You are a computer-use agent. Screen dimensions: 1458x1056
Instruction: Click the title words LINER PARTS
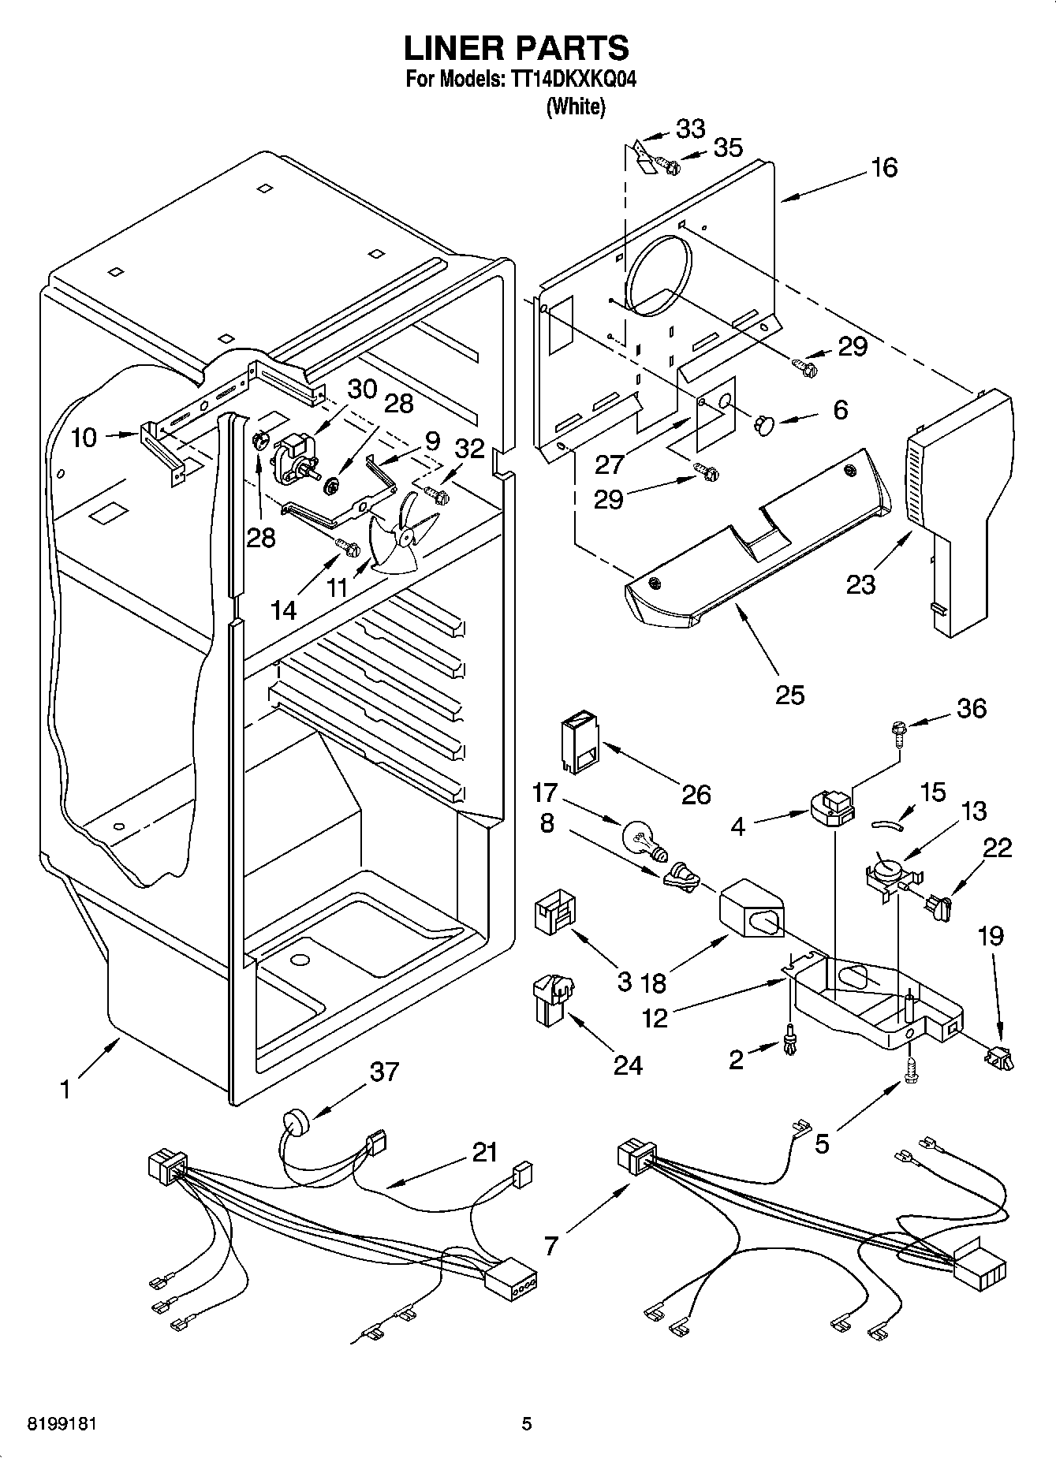[517, 48]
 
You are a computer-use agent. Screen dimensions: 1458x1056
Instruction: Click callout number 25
[789, 694]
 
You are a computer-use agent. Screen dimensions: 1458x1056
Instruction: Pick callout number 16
[885, 167]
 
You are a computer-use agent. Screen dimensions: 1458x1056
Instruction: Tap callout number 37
[384, 1072]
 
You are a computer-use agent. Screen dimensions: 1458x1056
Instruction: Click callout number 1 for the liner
[65, 1090]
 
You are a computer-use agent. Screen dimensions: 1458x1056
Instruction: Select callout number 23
[860, 585]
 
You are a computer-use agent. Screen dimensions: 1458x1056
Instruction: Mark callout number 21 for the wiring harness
[484, 1153]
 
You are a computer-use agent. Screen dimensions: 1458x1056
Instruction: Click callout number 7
[551, 1245]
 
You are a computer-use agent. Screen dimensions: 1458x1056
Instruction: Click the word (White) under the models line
[576, 106]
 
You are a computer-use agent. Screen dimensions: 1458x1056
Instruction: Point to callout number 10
[84, 438]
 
